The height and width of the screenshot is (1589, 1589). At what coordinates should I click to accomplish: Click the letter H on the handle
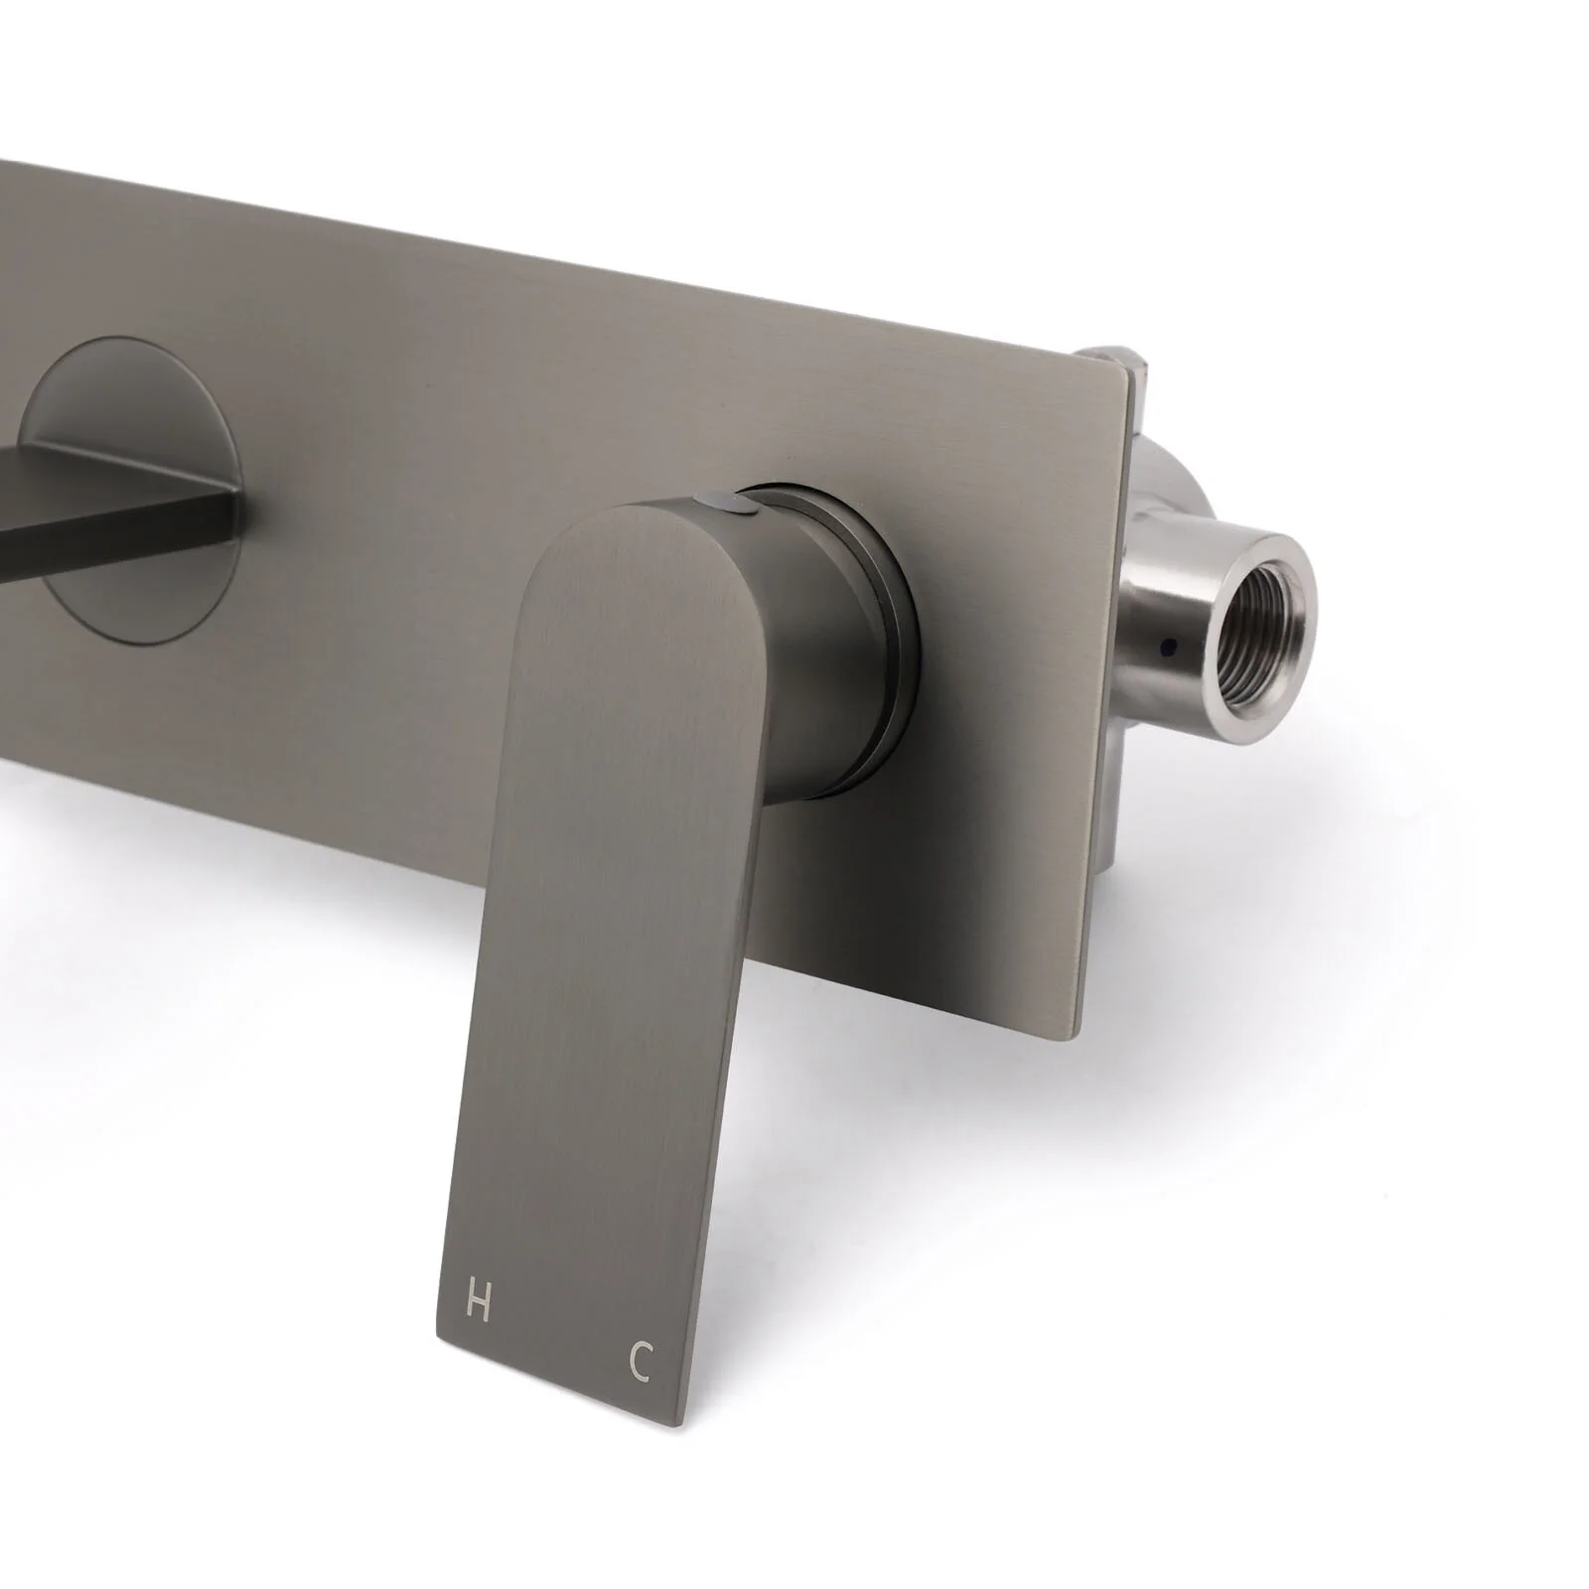pyautogui.click(x=478, y=1302)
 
